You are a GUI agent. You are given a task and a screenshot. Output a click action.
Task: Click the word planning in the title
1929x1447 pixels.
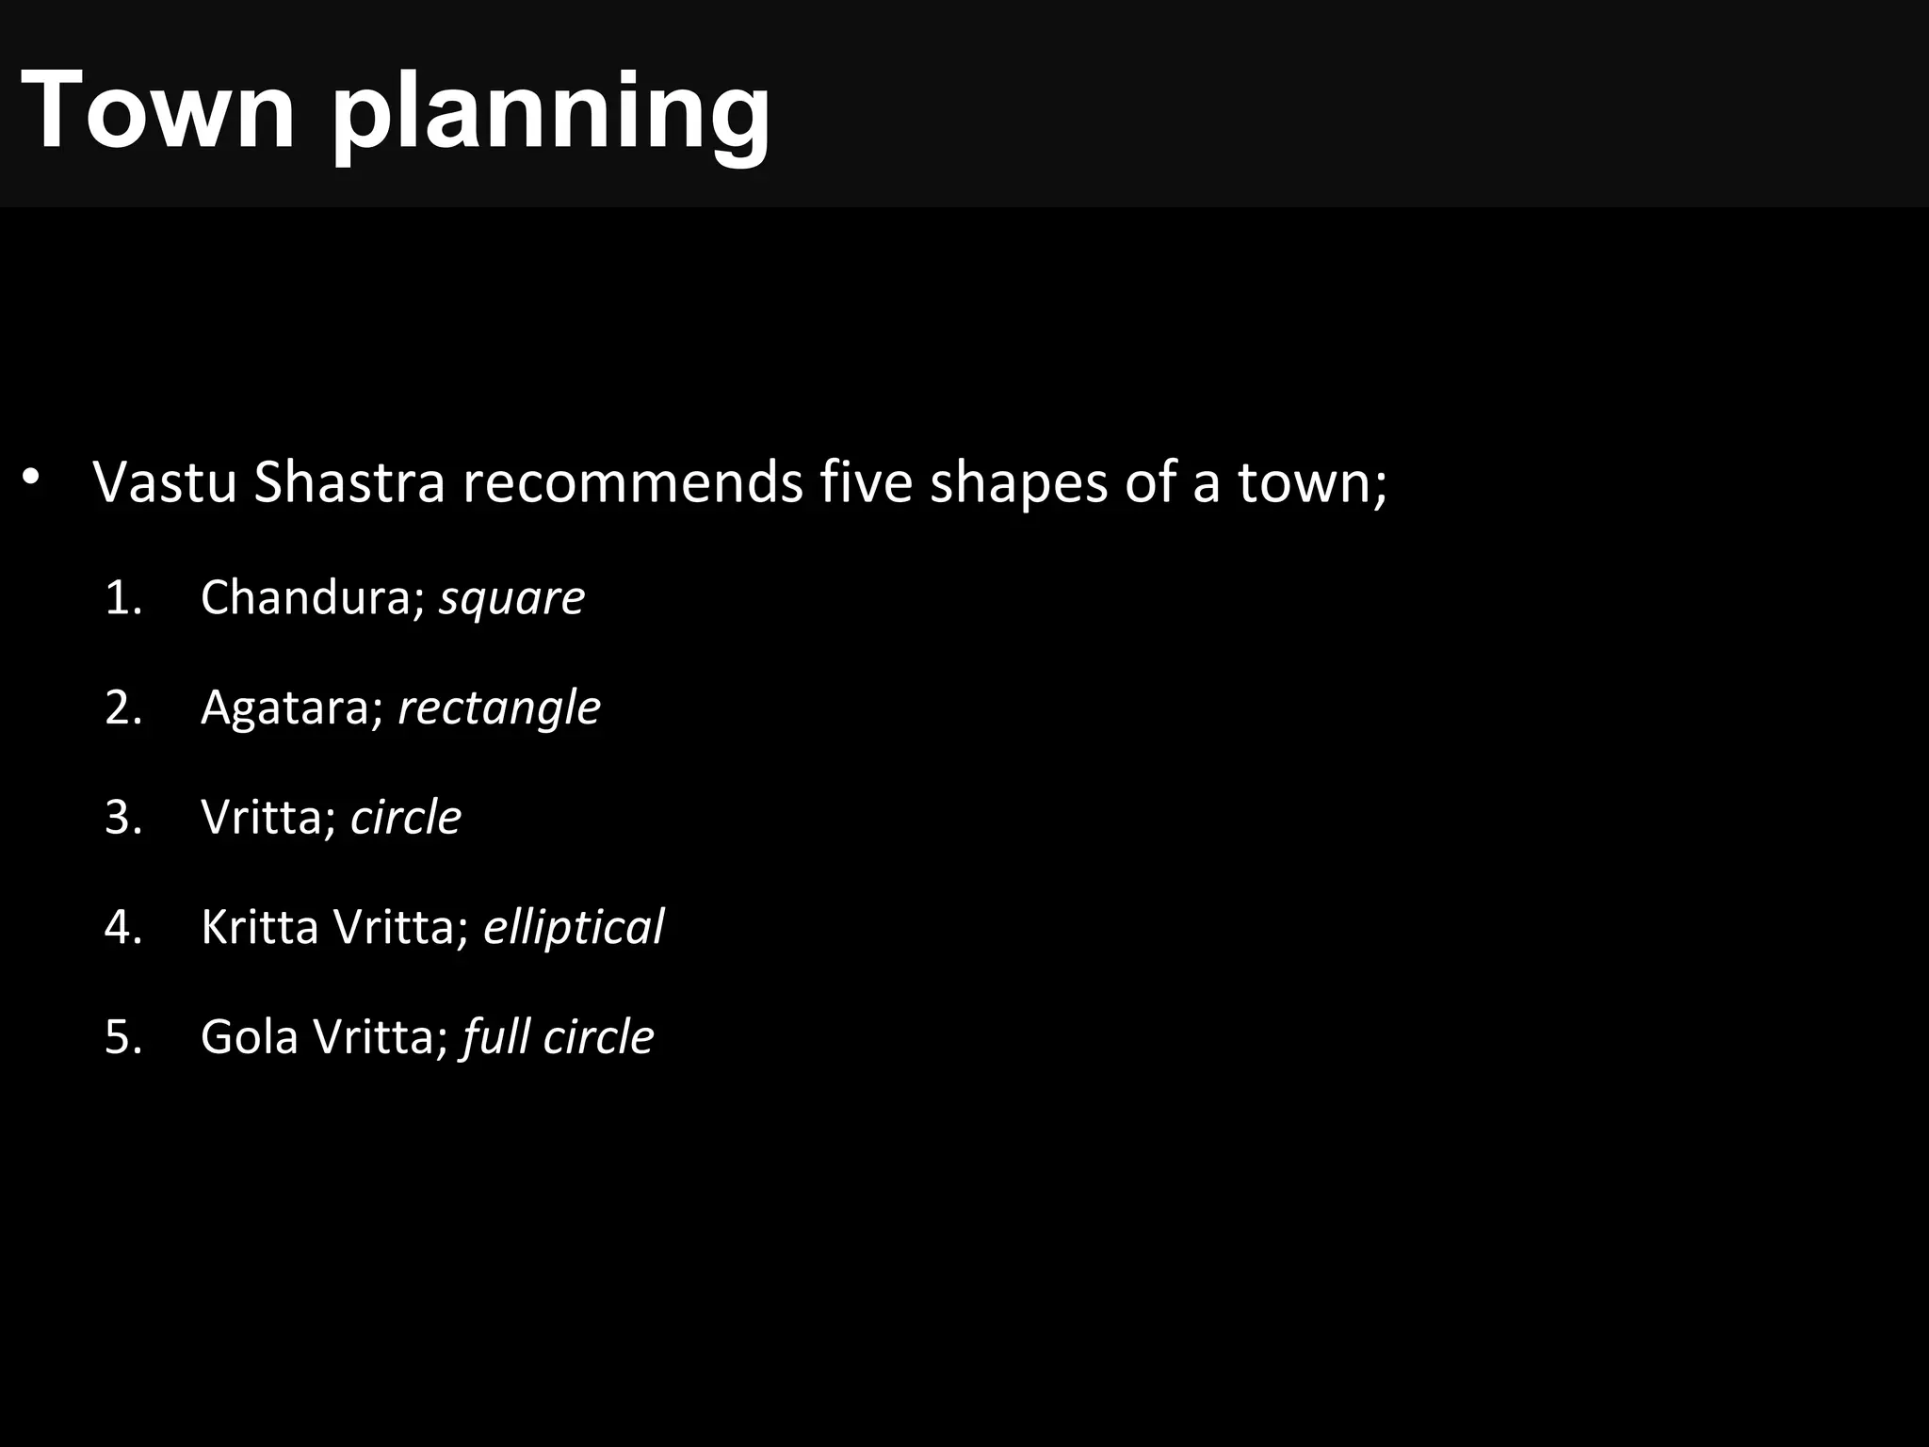point(553,115)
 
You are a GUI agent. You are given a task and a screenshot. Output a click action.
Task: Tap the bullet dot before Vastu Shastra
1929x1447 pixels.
point(32,477)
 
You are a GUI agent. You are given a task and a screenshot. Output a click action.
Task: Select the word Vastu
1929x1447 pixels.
point(164,482)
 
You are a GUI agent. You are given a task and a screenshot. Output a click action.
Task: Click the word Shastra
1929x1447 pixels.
point(349,482)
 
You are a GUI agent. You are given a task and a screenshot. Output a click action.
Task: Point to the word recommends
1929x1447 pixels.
point(632,482)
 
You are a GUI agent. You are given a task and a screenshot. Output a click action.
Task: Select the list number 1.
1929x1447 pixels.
point(122,597)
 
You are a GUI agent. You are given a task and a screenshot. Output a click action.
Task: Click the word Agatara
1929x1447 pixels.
point(292,708)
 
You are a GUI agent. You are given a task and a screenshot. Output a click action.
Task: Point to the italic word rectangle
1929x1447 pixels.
point(499,708)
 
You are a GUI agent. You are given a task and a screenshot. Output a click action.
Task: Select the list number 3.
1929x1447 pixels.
point(122,817)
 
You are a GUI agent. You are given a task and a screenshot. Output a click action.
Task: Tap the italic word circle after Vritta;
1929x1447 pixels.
point(406,817)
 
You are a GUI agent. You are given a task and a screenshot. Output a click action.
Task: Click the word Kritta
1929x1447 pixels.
point(260,927)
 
